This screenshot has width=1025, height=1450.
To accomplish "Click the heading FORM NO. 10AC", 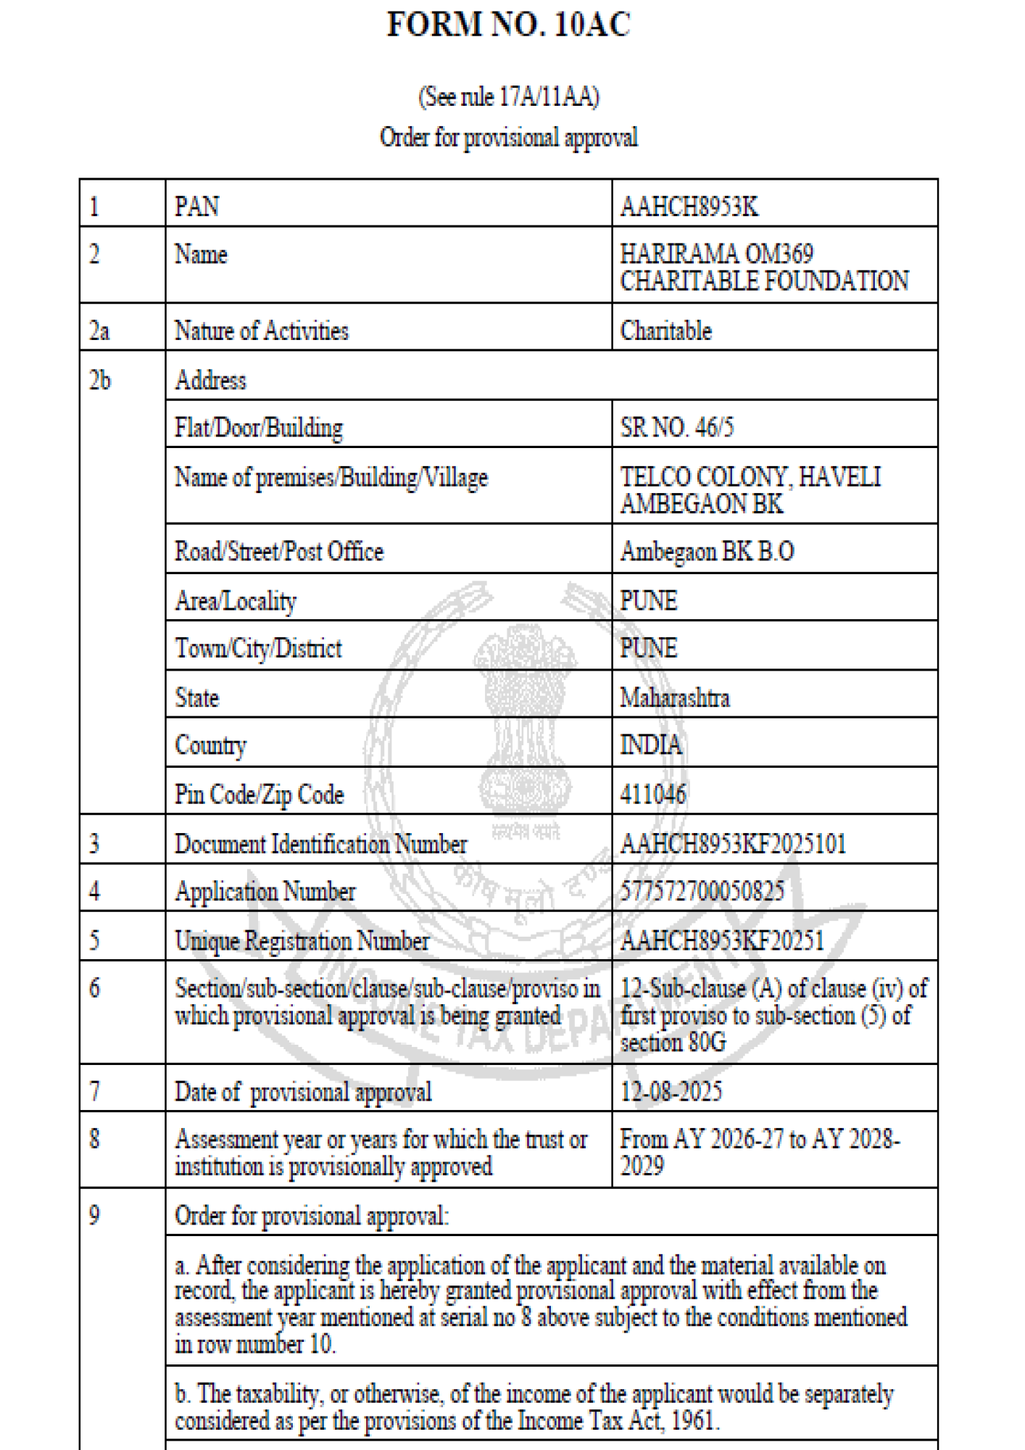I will (509, 25).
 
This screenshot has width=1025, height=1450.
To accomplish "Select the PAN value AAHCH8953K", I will (689, 207).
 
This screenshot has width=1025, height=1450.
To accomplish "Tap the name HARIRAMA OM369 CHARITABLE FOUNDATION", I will (763, 268).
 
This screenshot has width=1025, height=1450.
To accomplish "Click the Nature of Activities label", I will (261, 331).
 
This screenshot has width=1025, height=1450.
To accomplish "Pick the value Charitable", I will (665, 331).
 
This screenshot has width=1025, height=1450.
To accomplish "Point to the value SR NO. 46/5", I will (676, 428).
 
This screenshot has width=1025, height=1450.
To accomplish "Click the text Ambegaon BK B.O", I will (707, 552).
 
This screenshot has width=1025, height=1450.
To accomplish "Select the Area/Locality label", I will (236, 601).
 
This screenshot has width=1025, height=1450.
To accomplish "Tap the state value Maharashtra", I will (674, 698).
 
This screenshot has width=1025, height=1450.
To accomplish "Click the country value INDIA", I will (650, 745).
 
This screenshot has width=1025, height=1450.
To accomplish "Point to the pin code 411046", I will (652, 795).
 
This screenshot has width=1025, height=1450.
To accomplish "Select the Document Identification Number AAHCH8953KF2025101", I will (733, 844).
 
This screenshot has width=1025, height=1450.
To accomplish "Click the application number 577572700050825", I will (702, 891).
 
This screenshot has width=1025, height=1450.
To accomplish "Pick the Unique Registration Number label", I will (302, 941).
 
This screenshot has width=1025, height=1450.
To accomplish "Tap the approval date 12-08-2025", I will (671, 1092).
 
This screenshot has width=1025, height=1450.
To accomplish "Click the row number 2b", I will (99, 381).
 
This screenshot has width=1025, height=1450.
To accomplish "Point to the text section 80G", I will (673, 1043).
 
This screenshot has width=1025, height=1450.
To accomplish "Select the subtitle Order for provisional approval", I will (509, 138).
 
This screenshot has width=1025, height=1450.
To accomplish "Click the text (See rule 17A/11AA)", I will (509, 97).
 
